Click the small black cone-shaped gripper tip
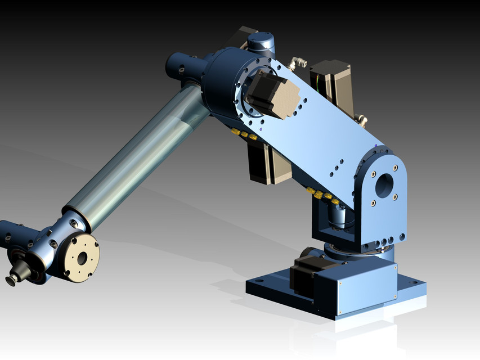coord(11,280)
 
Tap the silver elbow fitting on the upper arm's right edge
coord(362,119)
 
